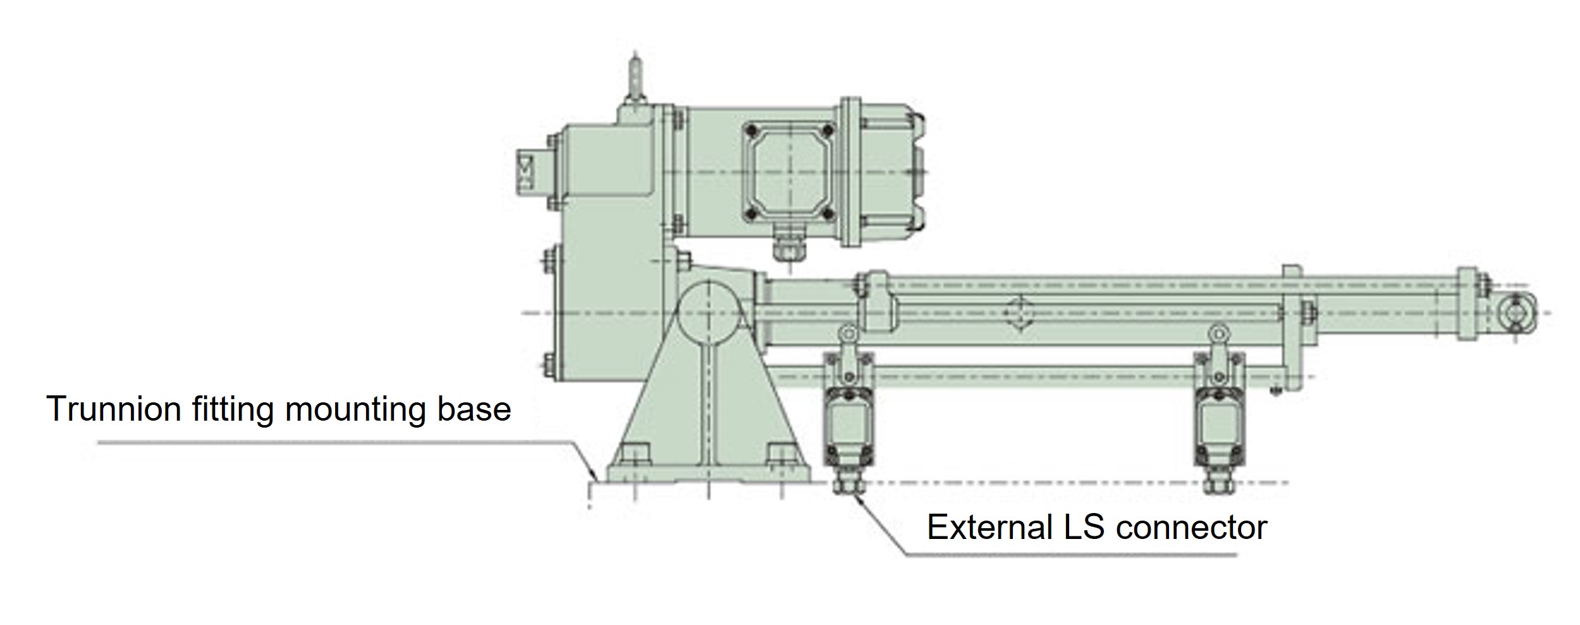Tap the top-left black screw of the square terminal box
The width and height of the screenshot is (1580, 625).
(751, 130)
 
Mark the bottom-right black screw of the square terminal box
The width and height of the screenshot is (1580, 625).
(828, 213)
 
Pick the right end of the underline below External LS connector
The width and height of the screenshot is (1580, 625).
(1237, 555)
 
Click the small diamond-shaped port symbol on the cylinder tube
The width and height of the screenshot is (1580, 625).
(1019, 312)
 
